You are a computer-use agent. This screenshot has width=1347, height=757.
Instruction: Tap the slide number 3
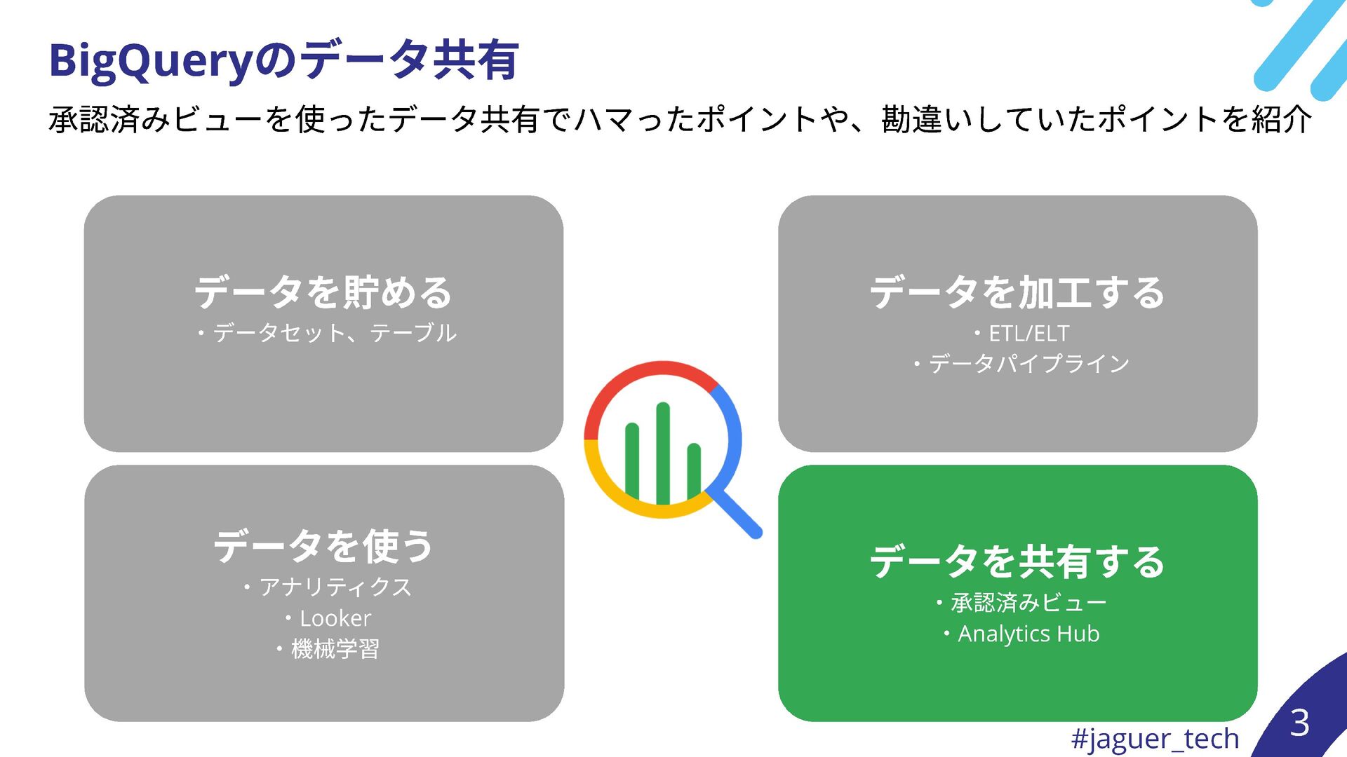(1299, 723)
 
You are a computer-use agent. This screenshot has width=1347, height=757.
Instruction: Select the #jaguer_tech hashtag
(1155, 738)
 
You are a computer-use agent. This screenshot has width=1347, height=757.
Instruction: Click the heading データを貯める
(323, 293)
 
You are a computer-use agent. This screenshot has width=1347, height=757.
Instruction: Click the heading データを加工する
(1017, 293)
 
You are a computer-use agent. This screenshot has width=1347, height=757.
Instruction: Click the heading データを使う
(323, 547)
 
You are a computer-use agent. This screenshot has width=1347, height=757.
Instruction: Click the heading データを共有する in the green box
(1017, 562)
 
